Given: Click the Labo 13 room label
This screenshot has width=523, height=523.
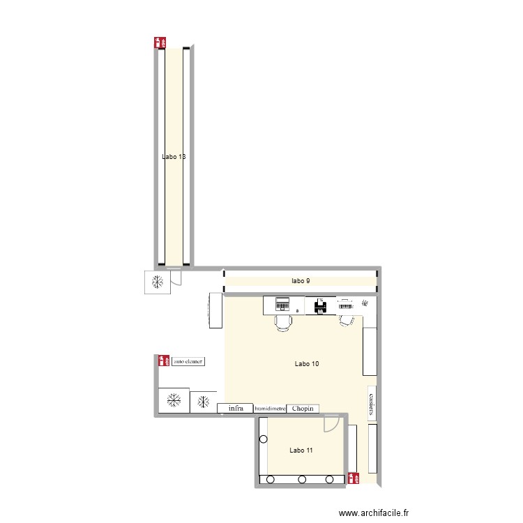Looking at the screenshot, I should click(x=174, y=157).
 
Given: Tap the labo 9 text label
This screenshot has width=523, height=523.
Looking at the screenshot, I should click(x=301, y=281).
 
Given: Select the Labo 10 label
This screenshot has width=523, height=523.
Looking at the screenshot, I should click(x=307, y=363).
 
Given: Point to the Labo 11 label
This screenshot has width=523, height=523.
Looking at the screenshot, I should click(x=301, y=450).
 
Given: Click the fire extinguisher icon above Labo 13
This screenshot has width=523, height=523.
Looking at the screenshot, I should click(x=160, y=42).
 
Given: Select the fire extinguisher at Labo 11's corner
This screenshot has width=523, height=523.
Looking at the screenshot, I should click(x=354, y=478).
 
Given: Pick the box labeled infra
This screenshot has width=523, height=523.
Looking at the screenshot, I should click(x=235, y=409).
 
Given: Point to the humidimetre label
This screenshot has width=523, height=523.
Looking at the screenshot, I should click(x=270, y=409).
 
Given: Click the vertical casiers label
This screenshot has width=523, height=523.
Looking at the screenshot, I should click(x=372, y=403).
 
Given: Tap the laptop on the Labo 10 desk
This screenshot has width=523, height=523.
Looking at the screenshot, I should click(x=282, y=303).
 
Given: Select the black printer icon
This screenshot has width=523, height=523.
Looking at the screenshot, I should click(x=321, y=306).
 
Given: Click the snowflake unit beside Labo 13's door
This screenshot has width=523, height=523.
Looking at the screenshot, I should click(x=158, y=282).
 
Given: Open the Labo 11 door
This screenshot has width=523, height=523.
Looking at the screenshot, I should click(x=333, y=424).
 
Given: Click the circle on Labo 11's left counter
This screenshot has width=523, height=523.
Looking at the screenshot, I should click(x=263, y=439).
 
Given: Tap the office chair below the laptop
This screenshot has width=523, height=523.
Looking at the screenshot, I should click(x=283, y=322).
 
